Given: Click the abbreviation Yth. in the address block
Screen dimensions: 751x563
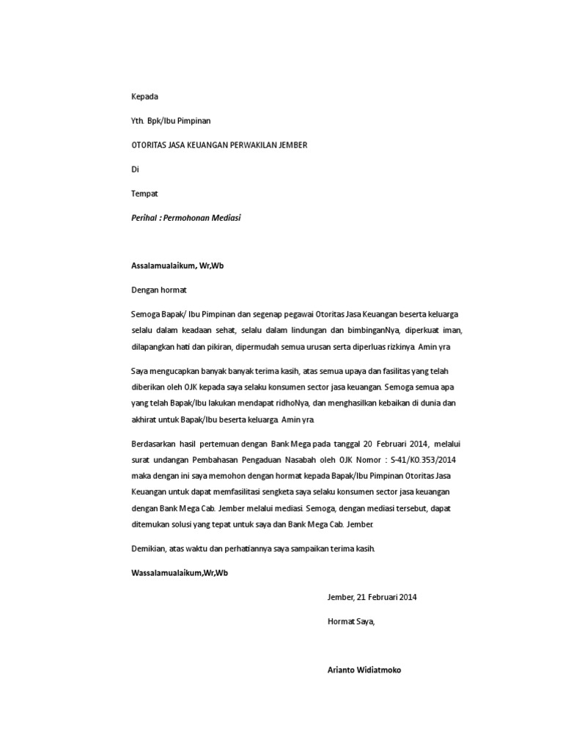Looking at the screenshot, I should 138,121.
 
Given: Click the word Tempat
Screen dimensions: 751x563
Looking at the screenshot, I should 144,194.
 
